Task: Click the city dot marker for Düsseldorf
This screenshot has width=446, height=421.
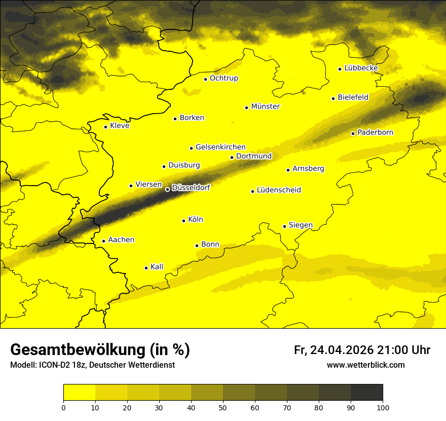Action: [168, 189]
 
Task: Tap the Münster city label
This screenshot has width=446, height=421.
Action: [265, 107]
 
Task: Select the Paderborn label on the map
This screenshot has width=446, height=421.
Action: [375, 132]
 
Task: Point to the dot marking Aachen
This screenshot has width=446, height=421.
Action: [103, 241]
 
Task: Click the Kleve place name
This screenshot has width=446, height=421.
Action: [120, 126]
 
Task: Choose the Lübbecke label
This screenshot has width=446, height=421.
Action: [361, 68]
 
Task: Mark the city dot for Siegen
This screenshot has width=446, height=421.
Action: [284, 226]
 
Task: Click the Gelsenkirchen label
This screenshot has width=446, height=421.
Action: [220, 147]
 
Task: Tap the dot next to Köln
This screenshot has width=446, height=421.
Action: [183, 221]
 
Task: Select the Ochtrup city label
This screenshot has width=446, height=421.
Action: [224, 78]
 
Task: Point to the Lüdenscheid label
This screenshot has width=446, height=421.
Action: [279, 190]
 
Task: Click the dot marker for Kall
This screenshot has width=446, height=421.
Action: [146, 268]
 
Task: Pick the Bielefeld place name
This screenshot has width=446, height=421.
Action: [353, 97]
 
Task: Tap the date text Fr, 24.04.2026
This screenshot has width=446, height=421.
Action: [333, 350]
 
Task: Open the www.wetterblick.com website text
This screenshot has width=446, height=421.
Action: [365, 365]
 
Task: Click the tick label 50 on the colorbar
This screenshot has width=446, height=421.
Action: [223, 408]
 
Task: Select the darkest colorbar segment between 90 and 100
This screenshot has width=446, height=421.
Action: [366, 393]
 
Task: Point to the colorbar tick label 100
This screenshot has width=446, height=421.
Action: [383, 408]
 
